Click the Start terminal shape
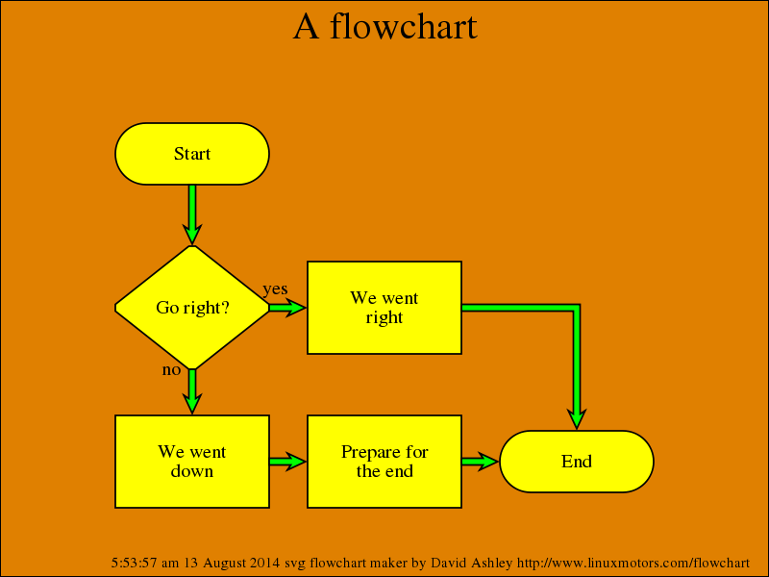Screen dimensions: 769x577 tap(192, 154)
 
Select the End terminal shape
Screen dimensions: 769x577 tap(577, 462)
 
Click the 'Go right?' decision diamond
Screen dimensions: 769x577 tap(192, 308)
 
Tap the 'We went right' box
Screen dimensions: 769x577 tap(384, 308)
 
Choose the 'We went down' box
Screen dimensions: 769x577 tap(192, 462)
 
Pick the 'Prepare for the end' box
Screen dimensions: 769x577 tap(384, 462)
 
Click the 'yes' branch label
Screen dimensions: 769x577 tap(275, 289)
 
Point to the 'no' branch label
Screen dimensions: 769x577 tap(171, 369)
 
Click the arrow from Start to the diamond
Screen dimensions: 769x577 tap(192, 214)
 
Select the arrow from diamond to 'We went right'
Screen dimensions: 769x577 tap(287, 308)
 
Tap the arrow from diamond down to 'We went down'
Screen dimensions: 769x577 tap(192, 392)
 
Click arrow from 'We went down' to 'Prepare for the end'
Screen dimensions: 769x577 tap(287, 462)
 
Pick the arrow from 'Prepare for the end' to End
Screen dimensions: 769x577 tap(481, 462)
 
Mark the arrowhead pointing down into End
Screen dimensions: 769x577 tap(577, 418)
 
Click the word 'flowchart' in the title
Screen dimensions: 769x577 tap(404, 27)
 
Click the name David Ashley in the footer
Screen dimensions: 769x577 tap(471, 563)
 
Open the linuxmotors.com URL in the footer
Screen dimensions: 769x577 tap(633, 563)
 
